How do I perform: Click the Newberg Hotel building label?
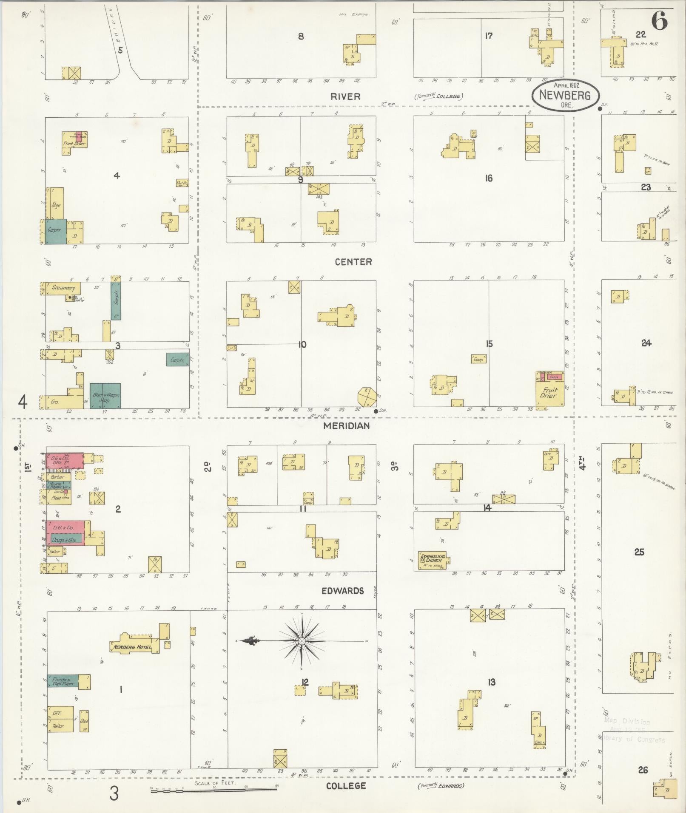pyautogui.click(x=132, y=647)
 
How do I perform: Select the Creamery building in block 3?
pyautogui.click(x=63, y=288)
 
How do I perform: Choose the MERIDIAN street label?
pyautogui.click(x=346, y=425)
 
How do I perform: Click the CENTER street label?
pyautogui.click(x=353, y=262)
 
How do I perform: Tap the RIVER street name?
pyautogui.click(x=345, y=97)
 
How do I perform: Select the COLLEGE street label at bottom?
pyautogui.click(x=345, y=786)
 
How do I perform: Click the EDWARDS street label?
pyautogui.click(x=342, y=591)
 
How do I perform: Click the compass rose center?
pyautogui.click(x=302, y=641)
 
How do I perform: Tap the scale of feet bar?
pyautogui.click(x=213, y=788)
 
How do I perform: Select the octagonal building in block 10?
pyautogui.click(x=366, y=397)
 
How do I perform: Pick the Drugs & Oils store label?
pyautogui.click(x=64, y=540)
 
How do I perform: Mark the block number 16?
pyautogui.click(x=489, y=178)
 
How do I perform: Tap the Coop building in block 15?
pyautogui.click(x=478, y=359)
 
